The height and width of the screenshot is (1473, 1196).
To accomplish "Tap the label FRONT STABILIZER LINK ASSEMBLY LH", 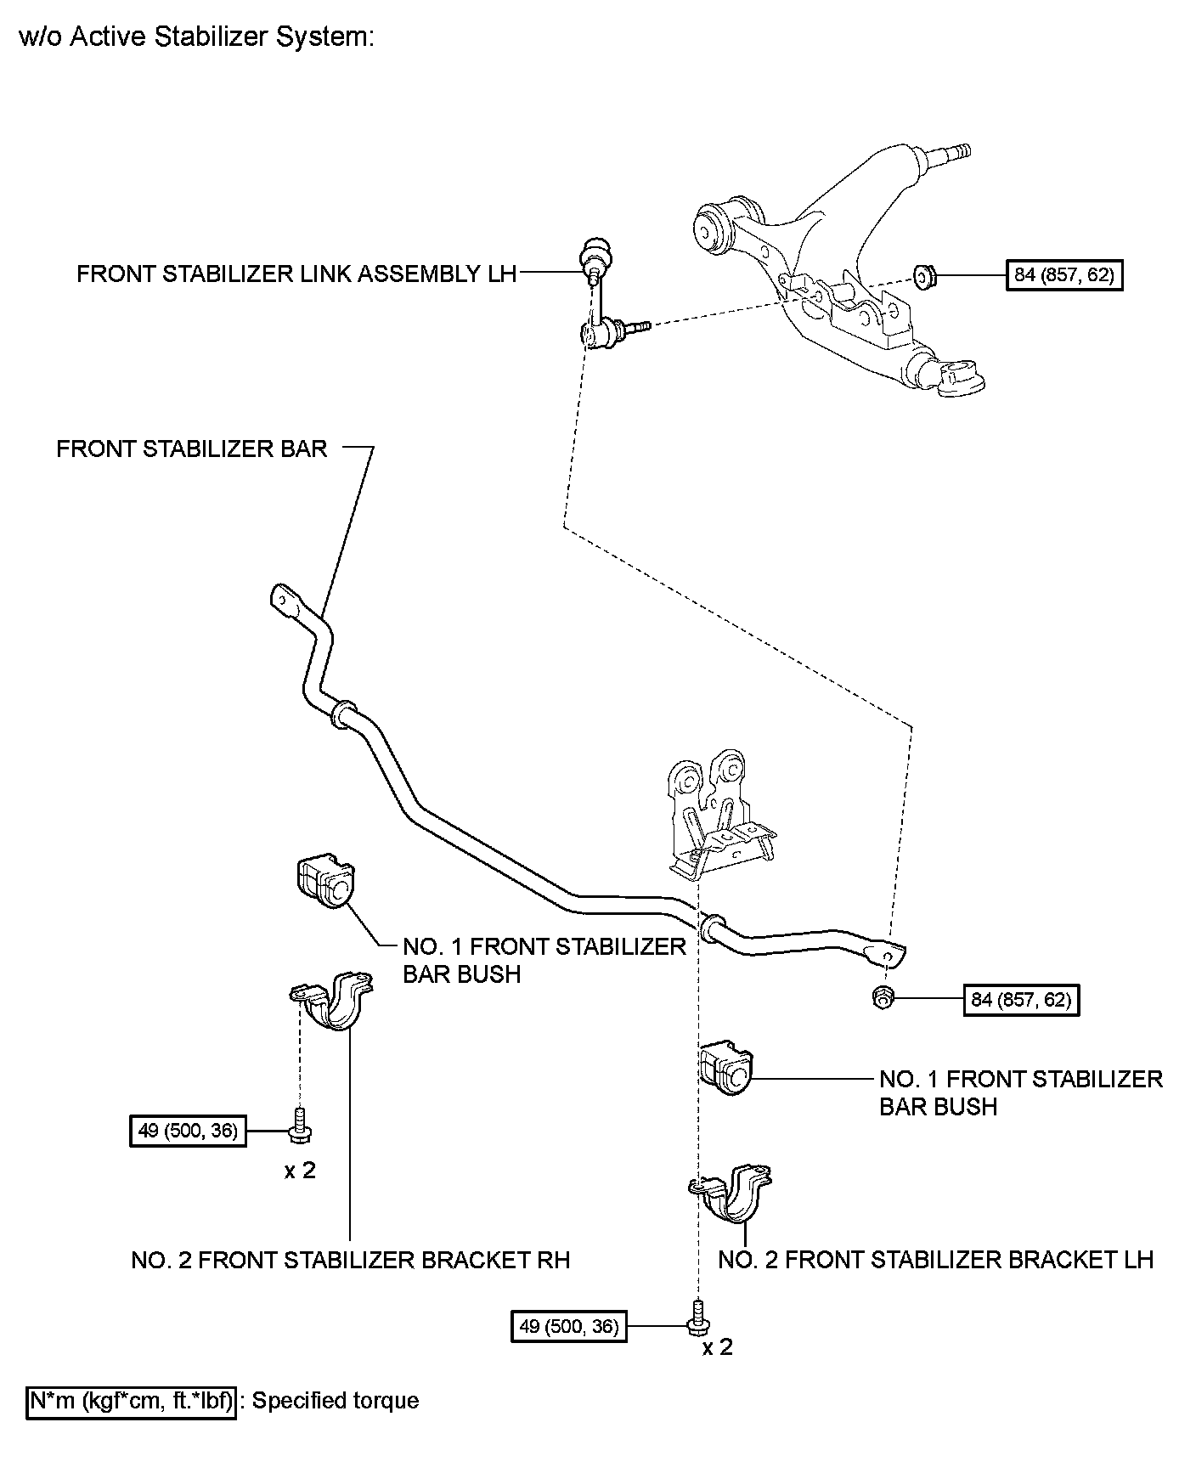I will [296, 274].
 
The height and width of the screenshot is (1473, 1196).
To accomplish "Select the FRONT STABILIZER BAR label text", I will [192, 449].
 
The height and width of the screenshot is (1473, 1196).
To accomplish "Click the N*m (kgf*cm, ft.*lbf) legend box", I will [131, 1400].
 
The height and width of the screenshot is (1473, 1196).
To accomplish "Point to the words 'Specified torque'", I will [336, 1400].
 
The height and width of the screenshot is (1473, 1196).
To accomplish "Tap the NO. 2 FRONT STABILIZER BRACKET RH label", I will [350, 1259].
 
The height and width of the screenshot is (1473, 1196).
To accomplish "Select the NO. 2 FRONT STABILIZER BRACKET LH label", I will [935, 1259].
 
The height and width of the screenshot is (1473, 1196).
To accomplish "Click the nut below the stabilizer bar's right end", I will [881, 999].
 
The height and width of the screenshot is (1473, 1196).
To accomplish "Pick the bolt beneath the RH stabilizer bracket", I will [300, 1125].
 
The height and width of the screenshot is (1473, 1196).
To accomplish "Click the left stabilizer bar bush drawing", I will [324, 884].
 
